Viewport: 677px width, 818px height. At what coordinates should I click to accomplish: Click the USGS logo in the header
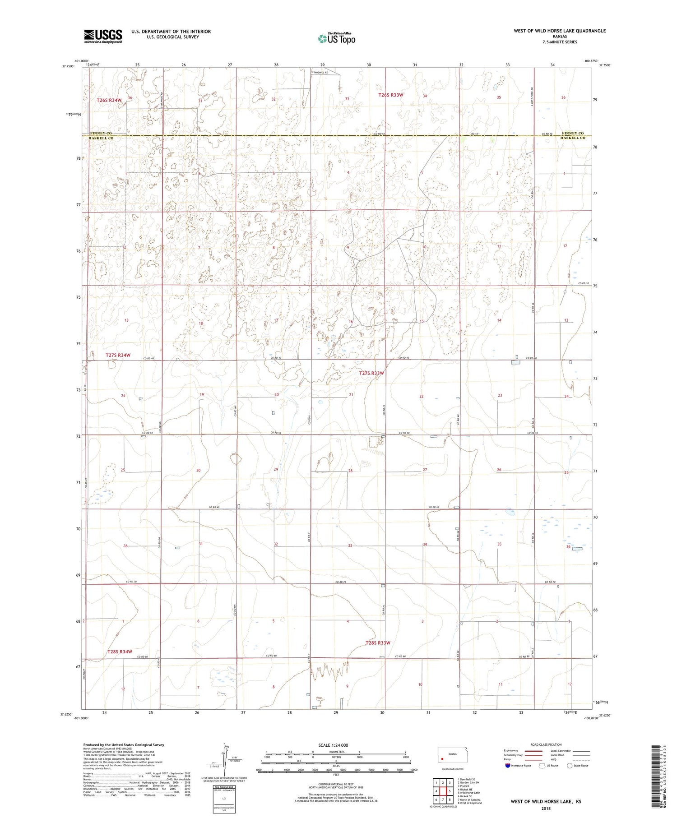[x=102, y=36]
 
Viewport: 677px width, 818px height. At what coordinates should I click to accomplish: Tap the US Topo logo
[x=337, y=39]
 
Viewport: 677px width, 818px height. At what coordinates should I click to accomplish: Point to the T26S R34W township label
[x=109, y=100]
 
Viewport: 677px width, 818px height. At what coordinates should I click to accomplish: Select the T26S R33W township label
[x=390, y=95]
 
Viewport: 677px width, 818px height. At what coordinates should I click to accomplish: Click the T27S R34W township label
[x=118, y=355]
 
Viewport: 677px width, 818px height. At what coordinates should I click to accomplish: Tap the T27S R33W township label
[x=371, y=373]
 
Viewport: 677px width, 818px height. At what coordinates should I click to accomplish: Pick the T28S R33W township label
[x=378, y=642]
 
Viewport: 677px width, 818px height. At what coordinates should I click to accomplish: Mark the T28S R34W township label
[x=120, y=652]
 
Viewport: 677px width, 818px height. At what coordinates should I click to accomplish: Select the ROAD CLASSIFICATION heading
[x=546, y=744]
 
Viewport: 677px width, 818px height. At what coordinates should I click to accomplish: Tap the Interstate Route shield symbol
[x=508, y=765]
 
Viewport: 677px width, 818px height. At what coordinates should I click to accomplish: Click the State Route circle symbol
[x=570, y=765]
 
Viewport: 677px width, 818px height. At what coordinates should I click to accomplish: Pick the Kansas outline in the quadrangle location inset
[x=453, y=754]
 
